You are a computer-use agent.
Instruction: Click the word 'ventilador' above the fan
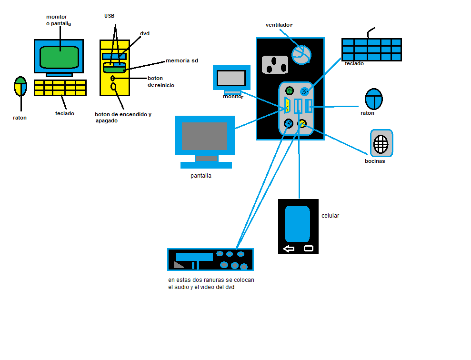coord(279,25)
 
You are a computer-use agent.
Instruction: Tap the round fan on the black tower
coord(301,54)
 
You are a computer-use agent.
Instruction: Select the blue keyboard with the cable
coord(371,50)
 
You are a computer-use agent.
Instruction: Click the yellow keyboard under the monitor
coord(60,88)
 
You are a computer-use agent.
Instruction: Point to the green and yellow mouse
coord(20,87)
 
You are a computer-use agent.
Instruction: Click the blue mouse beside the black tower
coord(374,99)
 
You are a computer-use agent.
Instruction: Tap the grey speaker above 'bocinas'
coord(381,143)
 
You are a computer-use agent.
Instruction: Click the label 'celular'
coord(330,216)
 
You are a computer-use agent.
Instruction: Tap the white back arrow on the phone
coord(289,248)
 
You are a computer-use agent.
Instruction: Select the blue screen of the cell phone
coord(297,224)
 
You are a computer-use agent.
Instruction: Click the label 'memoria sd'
coord(181,61)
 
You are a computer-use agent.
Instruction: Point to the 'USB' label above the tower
coord(110,16)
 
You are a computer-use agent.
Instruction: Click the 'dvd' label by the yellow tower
coord(145,34)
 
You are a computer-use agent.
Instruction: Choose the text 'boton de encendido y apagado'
coord(122,118)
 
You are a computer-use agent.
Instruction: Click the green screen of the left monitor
coord(59,57)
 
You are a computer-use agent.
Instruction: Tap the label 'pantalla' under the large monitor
coord(200,176)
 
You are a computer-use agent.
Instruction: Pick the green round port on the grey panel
coord(289,90)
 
